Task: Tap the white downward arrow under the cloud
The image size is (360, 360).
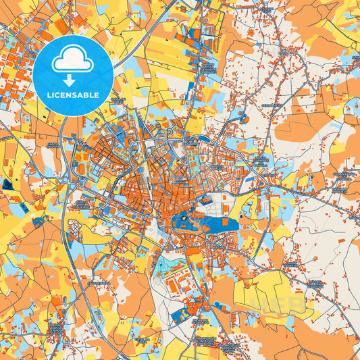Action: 70,80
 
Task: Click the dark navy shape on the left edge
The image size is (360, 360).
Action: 7,184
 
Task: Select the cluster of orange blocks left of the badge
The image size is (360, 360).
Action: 17,68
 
